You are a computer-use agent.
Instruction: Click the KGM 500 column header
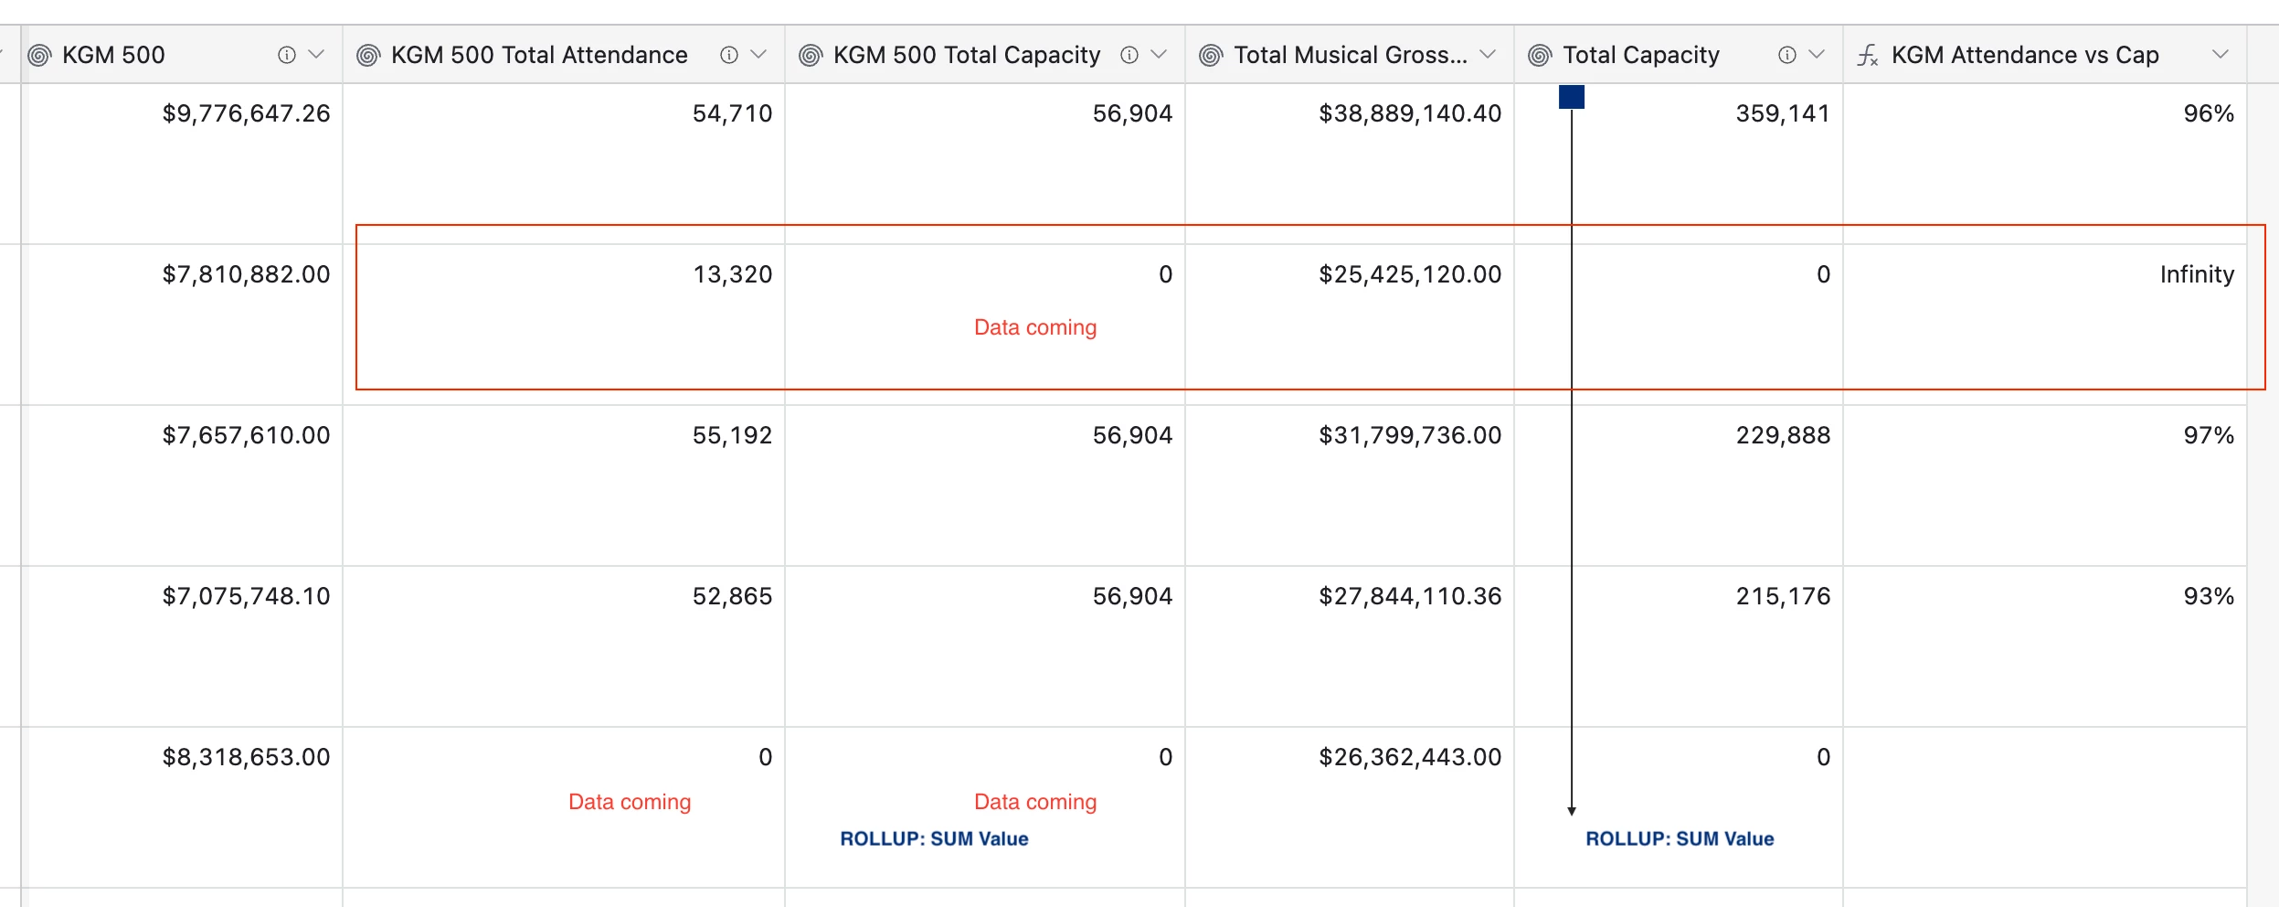point(113,55)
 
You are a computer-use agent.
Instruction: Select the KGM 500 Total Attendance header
point(539,55)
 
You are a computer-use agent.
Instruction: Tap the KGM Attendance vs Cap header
point(2024,55)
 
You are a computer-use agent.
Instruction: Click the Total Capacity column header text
point(1641,55)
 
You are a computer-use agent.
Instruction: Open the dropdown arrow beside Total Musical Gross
point(1488,55)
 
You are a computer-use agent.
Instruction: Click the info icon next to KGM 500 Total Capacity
point(1129,55)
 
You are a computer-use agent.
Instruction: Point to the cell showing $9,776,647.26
point(246,113)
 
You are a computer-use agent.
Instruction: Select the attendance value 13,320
point(732,274)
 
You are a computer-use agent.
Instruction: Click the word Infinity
point(2196,274)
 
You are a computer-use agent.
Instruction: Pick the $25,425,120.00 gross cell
point(1409,274)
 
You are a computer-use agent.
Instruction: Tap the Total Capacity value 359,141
point(1783,113)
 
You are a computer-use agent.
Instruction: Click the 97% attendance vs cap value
point(2208,435)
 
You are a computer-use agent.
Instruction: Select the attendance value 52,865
point(732,596)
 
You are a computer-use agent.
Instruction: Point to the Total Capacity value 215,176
point(1783,596)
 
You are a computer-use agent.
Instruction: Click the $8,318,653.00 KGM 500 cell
point(246,757)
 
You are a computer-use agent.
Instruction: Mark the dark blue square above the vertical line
point(1572,97)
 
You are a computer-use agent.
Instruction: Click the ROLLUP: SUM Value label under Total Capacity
point(1680,838)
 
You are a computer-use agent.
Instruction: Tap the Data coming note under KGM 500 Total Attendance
point(630,802)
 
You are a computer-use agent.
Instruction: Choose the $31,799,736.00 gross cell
point(1409,435)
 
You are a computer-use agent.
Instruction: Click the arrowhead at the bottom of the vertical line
point(1572,811)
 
